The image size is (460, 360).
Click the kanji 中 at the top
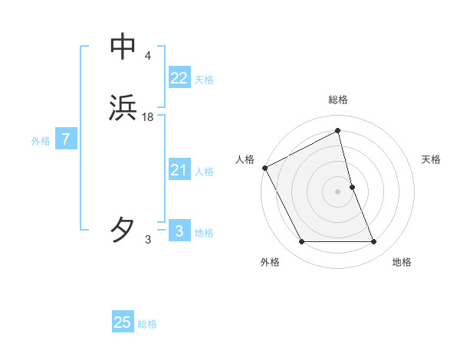tap(123, 47)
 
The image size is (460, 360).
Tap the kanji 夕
tap(123, 229)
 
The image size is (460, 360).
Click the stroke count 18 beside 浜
tap(148, 117)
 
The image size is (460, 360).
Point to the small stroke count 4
tap(147, 55)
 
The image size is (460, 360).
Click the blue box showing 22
tap(179, 78)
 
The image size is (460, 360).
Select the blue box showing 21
tap(179, 170)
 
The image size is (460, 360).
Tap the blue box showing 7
tap(66, 140)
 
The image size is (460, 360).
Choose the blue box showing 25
tap(123, 322)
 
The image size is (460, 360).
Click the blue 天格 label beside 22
tap(204, 80)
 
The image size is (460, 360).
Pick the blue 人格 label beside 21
tap(204, 172)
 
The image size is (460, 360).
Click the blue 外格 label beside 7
tap(41, 141)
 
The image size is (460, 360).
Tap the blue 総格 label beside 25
tap(147, 324)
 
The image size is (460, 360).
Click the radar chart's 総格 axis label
tap(338, 100)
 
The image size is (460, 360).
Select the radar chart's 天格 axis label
tap(432, 159)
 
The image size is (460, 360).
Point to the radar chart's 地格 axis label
tap(402, 262)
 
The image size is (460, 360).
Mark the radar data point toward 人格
tap(264, 168)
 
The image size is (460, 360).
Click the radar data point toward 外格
tap(301, 242)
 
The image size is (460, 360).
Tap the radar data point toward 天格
tap(352, 187)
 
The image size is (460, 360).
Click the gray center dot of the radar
tap(338, 191)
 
